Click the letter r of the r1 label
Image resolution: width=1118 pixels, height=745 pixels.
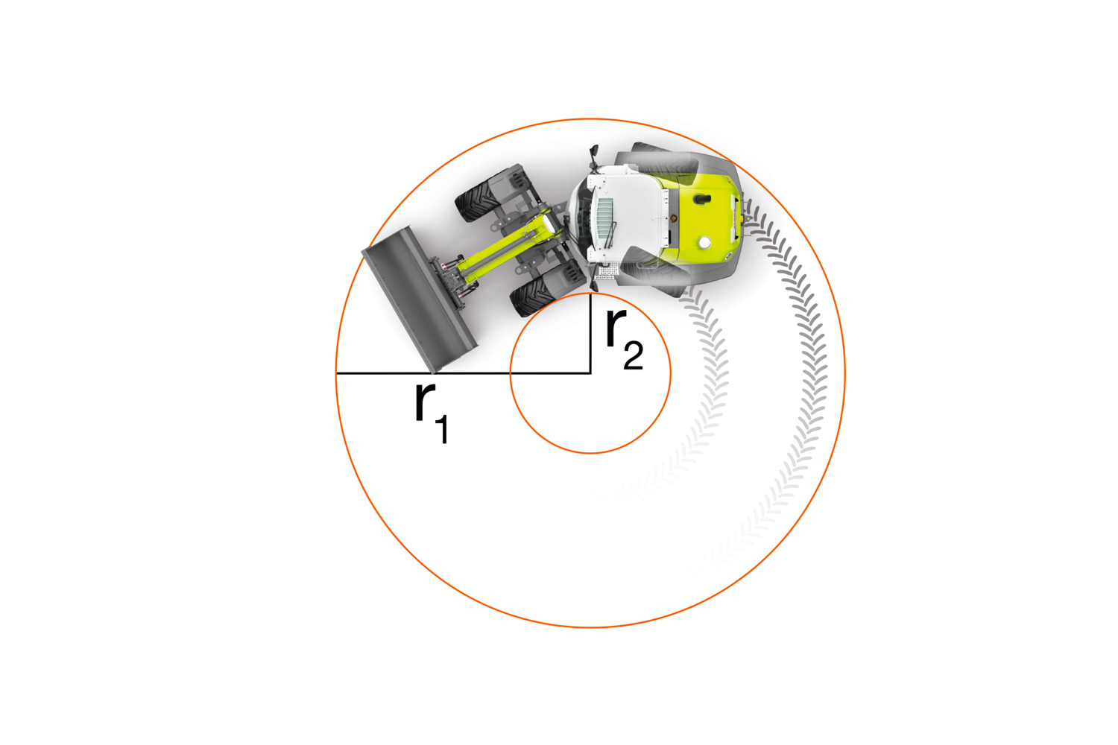(426, 402)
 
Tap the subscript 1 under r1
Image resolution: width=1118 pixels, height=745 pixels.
(442, 430)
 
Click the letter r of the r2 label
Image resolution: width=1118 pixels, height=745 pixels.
(616, 327)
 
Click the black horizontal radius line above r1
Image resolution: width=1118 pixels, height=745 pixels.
(463, 372)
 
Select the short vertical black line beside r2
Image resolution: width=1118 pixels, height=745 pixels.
(590, 333)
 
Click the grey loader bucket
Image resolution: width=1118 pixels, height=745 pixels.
(418, 299)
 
